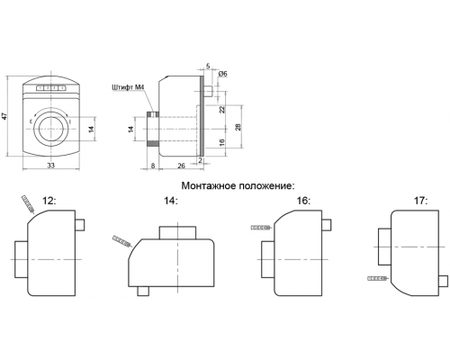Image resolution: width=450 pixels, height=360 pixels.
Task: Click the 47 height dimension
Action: pyautogui.click(x=4, y=116)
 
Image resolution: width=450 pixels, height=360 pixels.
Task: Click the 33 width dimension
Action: pyautogui.click(x=51, y=166)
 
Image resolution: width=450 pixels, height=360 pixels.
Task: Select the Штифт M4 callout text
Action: pyautogui.click(x=129, y=88)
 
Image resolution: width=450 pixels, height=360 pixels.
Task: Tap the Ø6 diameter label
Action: pyautogui.click(x=223, y=74)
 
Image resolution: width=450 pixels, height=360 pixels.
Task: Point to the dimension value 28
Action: pyautogui.click(x=238, y=127)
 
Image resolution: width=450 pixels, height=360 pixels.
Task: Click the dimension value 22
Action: pyautogui.click(x=222, y=110)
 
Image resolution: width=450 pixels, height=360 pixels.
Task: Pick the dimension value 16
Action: pyautogui.click(x=222, y=142)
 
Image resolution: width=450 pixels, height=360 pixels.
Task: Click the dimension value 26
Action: pyautogui.click(x=182, y=166)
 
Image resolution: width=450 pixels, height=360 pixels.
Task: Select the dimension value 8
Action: pyautogui.click(x=153, y=166)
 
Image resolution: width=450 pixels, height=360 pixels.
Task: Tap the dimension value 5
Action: pyautogui.click(x=208, y=66)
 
